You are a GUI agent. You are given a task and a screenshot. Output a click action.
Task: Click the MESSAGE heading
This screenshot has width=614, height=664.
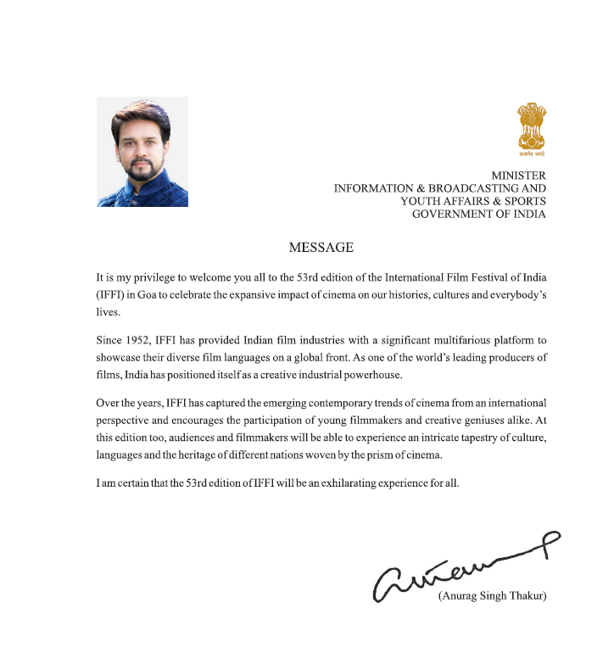click(x=321, y=248)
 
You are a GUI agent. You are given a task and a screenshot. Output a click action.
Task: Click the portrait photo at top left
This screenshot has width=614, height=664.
click(x=142, y=152)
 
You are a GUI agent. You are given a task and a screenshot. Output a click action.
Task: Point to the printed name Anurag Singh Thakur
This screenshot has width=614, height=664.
click(x=492, y=596)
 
